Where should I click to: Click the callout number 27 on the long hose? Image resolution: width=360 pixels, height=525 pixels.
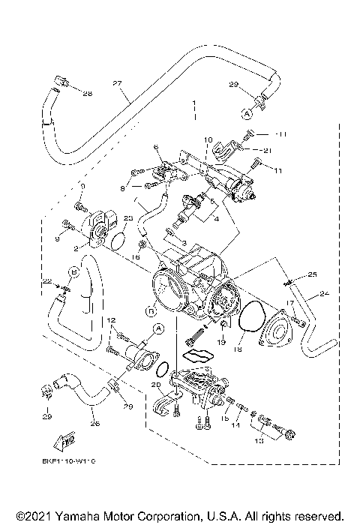pyautogui.click(x=116, y=82)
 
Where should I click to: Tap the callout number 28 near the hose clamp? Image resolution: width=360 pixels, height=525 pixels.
pyautogui.click(x=87, y=94)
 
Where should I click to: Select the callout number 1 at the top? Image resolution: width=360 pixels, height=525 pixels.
pyautogui.click(x=193, y=101)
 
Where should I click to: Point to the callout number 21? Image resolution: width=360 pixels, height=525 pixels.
pyautogui.click(x=267, y=149)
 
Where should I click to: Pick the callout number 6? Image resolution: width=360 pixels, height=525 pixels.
pyautogui.click(x=157, y=147)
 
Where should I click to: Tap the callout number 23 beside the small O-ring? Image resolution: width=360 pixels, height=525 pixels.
pyautogui.click(x=128, y=218)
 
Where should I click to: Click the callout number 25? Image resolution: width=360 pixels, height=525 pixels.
pyautogui.click(x=312, y=274)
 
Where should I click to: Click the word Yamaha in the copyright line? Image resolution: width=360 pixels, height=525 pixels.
pyautogui.click(x=76, y=517)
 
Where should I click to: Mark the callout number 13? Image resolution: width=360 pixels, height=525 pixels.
pyautogui.click(x=259, y=442)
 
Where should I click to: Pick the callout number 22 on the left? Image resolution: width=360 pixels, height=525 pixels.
pyautogui.click(x=46, y=281)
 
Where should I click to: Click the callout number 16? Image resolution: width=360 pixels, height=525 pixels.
pyautogui.click(x=135, y=256)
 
